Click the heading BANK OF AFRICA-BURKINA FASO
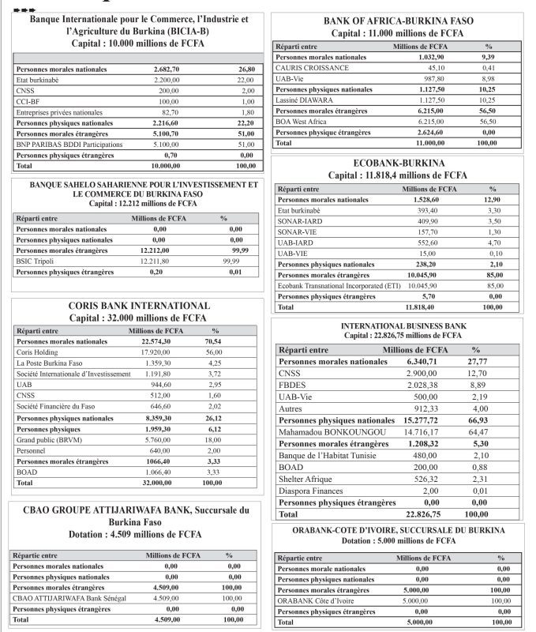[399, 21]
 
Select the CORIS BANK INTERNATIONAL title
[138, 305]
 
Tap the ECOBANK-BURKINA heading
[398, 163]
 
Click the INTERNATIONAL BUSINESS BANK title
[403, 325]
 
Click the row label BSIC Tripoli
[36, 261]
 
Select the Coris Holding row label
[38, 352]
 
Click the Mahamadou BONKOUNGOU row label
[332, 432]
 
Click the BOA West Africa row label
[303, 122]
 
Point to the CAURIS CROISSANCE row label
[313, 68]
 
